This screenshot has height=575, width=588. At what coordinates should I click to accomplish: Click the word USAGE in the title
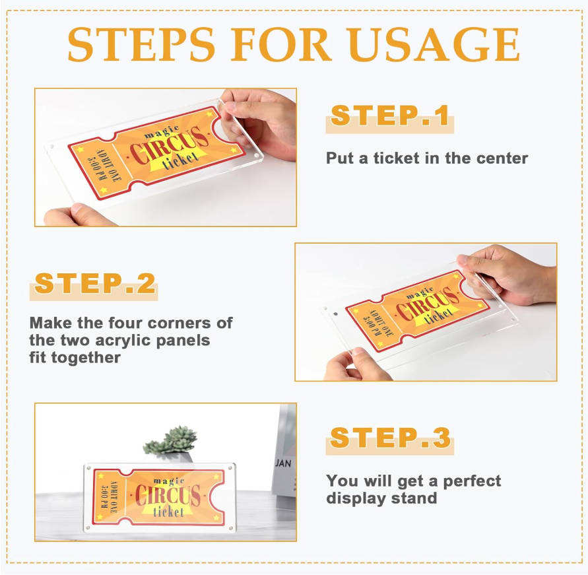[x=432, y=44]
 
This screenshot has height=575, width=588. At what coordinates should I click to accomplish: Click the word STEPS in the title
[x=141, y=44]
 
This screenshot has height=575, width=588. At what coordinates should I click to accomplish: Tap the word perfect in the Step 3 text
[x=472, y=481]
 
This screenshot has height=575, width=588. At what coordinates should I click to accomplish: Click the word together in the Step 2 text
[x=86, y=358]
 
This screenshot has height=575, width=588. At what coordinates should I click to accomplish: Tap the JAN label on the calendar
[x=283, y=463]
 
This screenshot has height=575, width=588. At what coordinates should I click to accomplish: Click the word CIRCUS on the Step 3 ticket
[x=168, y=495]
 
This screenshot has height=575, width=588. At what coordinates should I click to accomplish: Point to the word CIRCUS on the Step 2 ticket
[x=428, y=304]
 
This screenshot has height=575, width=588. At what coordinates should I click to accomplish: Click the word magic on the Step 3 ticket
[x=169, y=481]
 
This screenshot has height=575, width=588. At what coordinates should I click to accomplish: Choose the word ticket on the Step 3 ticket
[x=168, y=512]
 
